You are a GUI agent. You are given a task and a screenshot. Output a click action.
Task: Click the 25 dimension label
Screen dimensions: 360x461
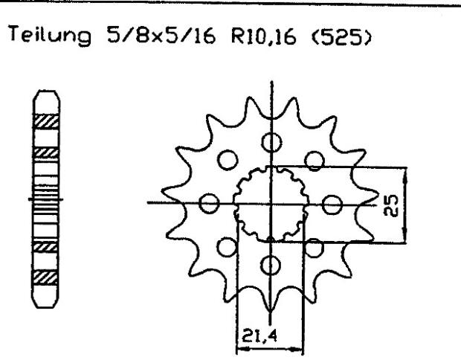(x=395, y=204)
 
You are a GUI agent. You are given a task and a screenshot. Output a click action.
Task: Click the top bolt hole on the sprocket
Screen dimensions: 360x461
(x=273, y=142)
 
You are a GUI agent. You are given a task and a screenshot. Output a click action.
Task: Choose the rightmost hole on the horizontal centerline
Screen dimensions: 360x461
(x=334, y=202)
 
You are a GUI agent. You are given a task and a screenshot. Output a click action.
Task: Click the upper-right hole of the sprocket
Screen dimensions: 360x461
(x=316, y=159)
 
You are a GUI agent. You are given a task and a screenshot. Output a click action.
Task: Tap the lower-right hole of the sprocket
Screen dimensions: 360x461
(x=316, y=246)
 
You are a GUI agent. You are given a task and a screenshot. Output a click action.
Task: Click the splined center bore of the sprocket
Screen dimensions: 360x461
(x=272, y=202)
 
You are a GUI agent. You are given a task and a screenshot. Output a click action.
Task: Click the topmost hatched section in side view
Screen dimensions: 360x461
(x=47, y=119)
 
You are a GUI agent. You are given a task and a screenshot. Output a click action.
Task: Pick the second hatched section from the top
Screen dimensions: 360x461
(x=47, y=152)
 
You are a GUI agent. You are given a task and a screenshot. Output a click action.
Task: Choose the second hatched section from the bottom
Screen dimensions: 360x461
(x=47, y=245)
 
